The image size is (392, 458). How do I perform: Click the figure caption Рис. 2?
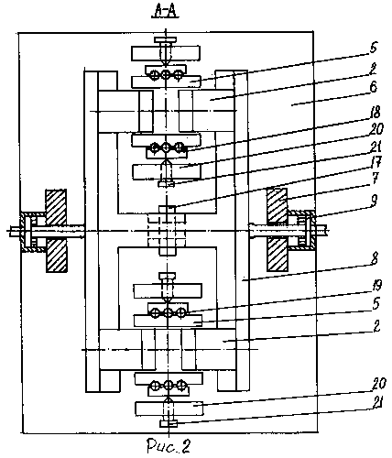click(x=169, y=446)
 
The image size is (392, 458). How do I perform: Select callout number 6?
click(x=373, y=88)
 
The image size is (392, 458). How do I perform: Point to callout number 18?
click(x=376, y=113)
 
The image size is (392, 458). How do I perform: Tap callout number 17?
click(x=376, y=162)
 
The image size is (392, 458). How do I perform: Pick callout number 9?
click(x=374, y=201)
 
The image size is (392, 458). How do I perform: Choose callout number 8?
click(x=374, y=258)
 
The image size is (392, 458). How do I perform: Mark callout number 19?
click(x=376, y=286)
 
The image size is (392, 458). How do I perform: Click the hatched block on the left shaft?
click(x=56, y=231)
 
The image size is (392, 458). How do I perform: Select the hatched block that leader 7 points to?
click(x=278, y=230)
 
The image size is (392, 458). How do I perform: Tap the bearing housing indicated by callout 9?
click(x=301, y=231)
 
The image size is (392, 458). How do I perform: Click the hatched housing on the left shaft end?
click(x=33, y=232)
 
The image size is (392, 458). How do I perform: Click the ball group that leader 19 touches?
click(x=168, y=312)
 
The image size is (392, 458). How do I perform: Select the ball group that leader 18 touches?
click(x=166, y=148)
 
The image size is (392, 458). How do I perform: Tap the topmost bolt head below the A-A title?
click(x=165, y=39)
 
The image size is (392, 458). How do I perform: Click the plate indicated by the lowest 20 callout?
click(x=169, y=409)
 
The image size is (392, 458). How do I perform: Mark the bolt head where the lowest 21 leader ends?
click(x=169, y=423)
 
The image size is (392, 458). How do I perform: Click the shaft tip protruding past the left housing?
click(x=15, y=231)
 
